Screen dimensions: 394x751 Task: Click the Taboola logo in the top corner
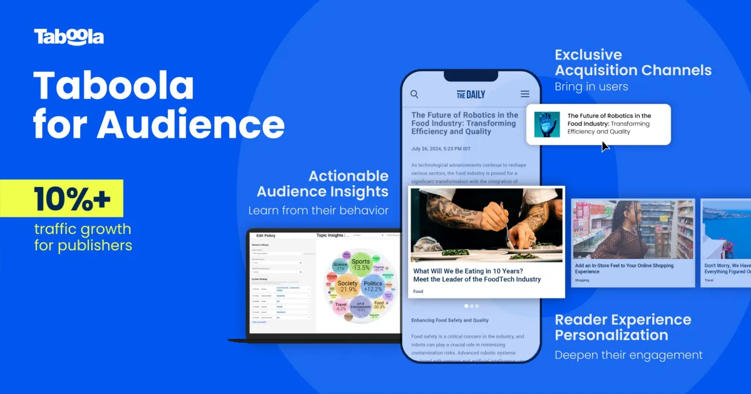tap(69, 37)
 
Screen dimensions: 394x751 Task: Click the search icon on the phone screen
tap(414, 94)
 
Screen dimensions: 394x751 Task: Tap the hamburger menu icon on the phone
tap(525, 94)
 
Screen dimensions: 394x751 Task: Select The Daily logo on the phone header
tap(471, 94)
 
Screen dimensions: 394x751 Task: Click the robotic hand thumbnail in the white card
tap(547, 124)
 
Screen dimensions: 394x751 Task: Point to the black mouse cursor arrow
tap(605, 146)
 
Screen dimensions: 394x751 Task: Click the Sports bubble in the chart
tap(360, 265)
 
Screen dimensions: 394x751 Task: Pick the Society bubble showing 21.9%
tap(347, 286)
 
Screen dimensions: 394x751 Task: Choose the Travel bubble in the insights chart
tap(341, 306)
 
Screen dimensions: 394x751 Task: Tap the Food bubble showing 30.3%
tap(379, 306)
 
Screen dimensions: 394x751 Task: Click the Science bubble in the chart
tap(340, 266)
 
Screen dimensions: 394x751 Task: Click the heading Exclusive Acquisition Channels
tap(633, 63)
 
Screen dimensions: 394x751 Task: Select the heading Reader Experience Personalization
tap(623, 327)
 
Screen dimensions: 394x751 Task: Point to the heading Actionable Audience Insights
tap(322, 184)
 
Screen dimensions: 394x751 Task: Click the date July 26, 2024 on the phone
tap(444, 149)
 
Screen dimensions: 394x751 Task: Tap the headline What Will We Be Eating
tap(477, 275)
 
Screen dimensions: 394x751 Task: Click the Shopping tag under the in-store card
tap(583, 280)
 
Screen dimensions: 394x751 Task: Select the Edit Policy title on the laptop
tap(266, 235)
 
